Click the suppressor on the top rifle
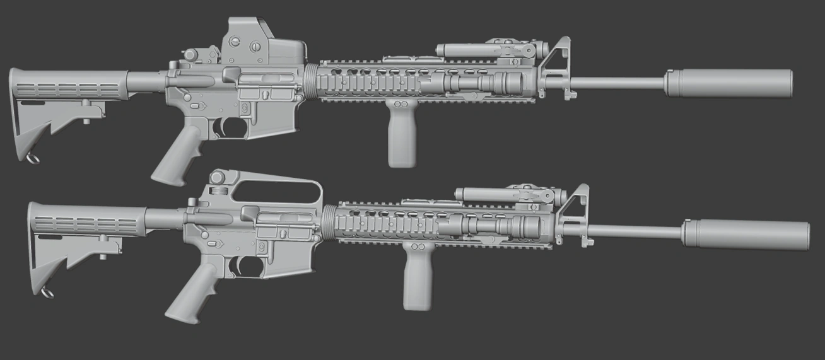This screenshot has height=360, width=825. pos(728,83)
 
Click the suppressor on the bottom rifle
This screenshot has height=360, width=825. pos(746,235)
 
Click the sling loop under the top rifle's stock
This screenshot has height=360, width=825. pos(32,158)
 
